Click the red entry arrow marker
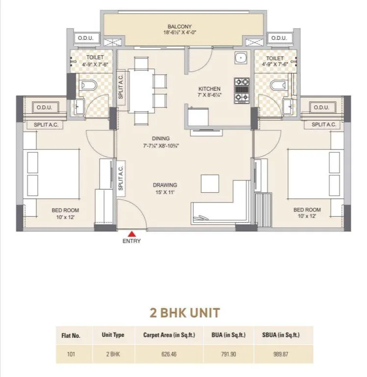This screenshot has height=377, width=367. click(131, 234)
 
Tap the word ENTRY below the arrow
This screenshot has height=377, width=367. click(131, 241)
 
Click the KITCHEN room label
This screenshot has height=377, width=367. click(209, 89)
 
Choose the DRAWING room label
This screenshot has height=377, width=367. click(164, 185)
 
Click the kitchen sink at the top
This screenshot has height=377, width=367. click(240, 58)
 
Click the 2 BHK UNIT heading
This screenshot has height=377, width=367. click(184, 312)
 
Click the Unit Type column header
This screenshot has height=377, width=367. click(113, 335)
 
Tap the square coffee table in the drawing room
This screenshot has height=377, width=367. click(210, 183)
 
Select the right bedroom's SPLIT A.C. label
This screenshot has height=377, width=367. click(323, 125)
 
